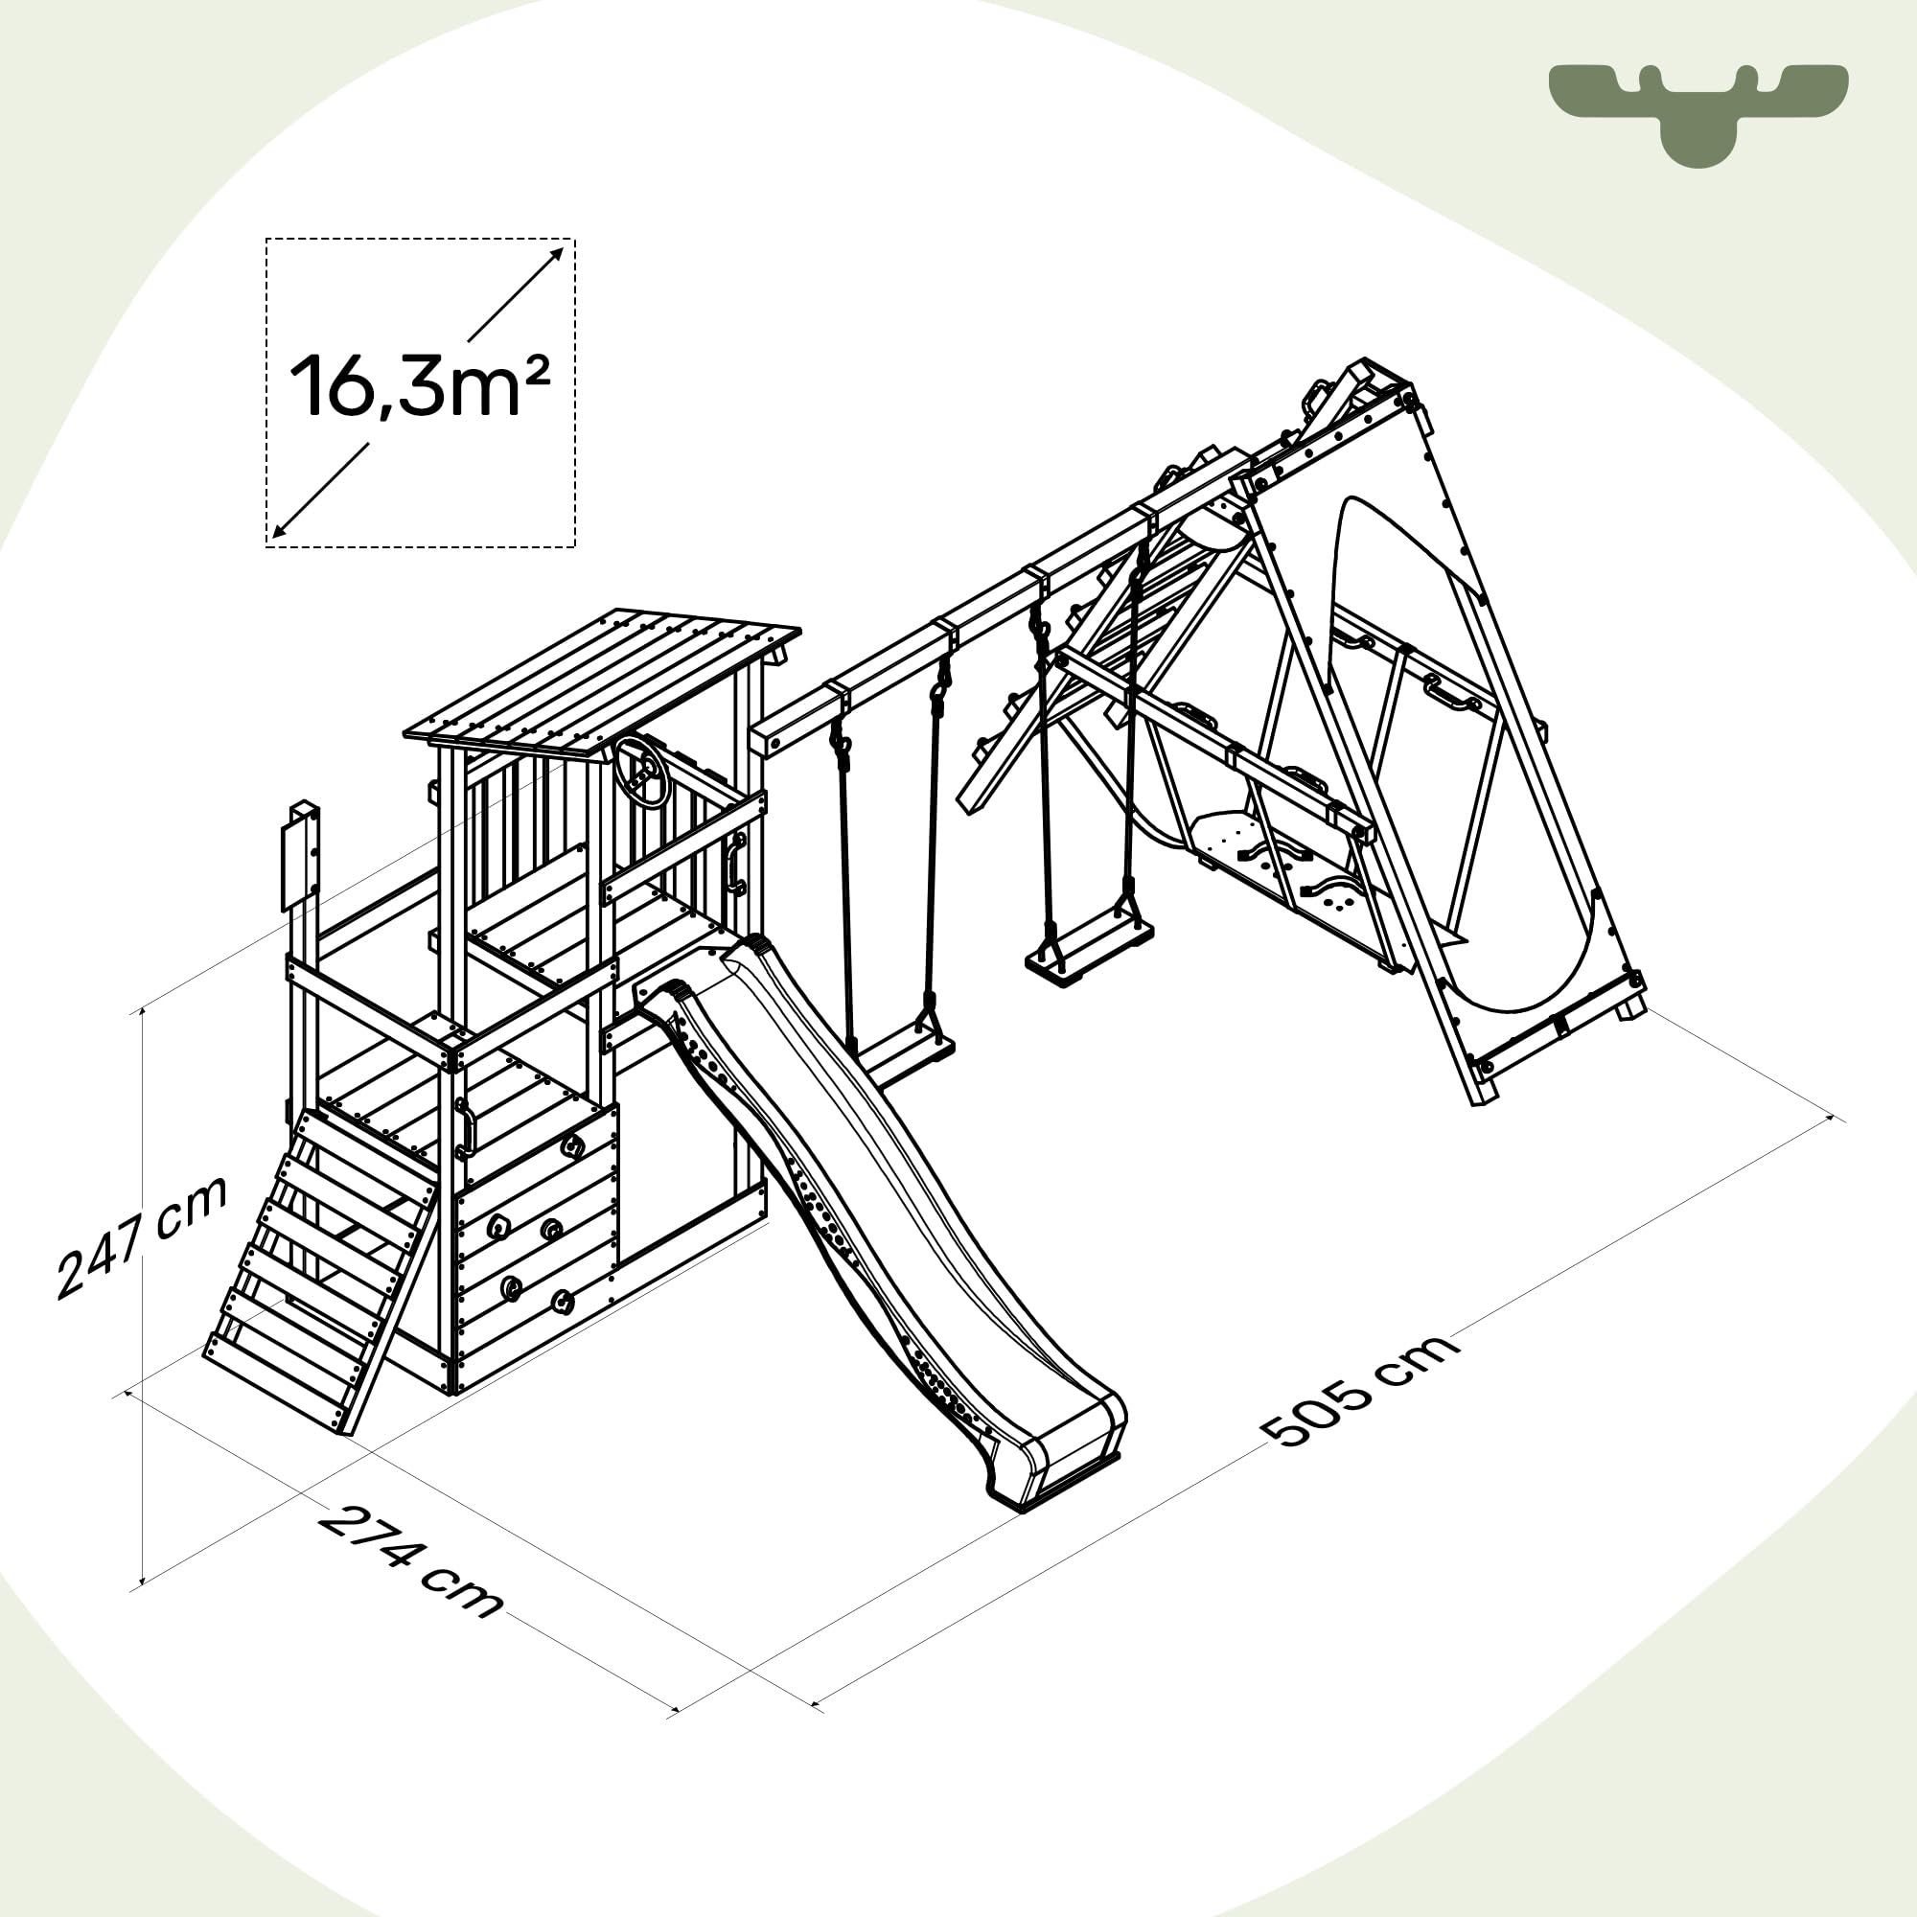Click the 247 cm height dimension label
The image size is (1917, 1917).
142,1238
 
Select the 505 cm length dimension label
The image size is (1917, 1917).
1359,1390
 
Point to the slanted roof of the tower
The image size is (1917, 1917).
602,680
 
